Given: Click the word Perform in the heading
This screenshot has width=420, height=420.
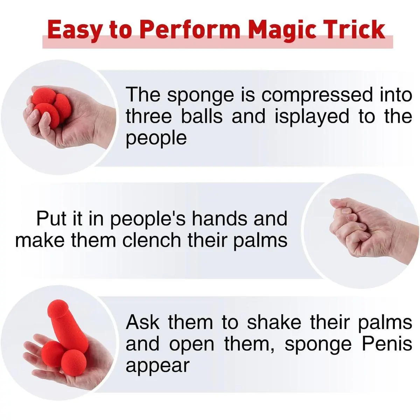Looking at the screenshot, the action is point(189,29).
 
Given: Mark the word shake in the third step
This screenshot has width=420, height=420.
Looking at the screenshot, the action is point(274,322).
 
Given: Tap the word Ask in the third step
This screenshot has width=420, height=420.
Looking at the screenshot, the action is point(142,322).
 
